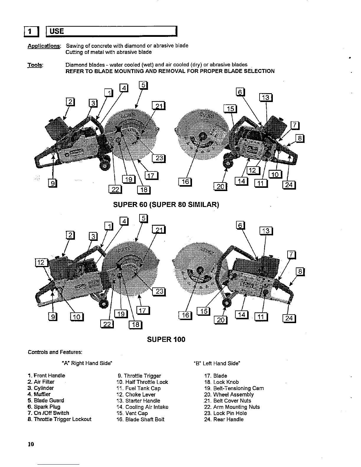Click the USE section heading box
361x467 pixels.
tap(111, 31)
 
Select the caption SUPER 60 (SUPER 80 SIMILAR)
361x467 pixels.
tap(166, 204)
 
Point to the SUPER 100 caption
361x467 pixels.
tap(166, 339)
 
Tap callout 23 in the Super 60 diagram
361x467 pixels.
tap(159, 158)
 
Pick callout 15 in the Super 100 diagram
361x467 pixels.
tap(203, 311)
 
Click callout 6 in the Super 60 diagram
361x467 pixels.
tap(240, 92)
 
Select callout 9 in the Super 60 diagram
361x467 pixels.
tap(52, 183)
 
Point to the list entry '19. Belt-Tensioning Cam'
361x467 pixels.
tap(234, 388)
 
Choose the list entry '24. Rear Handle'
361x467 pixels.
tap(224, 419)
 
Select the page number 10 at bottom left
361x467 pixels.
tap(31, 444)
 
